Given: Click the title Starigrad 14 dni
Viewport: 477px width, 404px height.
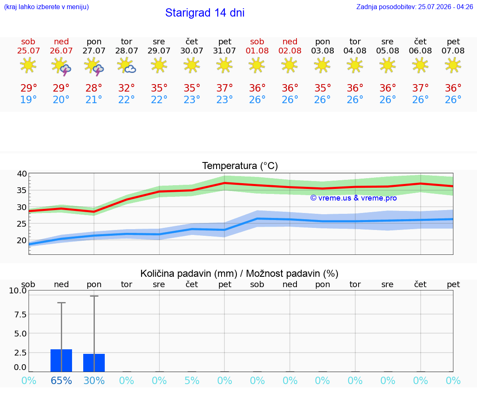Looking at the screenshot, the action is click(205, 13).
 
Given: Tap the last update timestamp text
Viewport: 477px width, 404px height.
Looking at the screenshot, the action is click(414, 7).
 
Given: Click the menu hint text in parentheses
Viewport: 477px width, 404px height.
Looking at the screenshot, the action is click(46, 7).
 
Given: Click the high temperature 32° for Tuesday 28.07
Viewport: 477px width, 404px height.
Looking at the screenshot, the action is click(126, 88).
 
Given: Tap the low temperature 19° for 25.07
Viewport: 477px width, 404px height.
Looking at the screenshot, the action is click(28, 99).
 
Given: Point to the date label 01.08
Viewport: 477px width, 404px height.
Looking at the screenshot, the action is click(257, 51).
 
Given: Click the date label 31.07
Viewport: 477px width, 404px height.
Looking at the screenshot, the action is click(224, 51).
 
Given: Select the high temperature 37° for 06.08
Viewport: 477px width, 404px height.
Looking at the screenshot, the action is click(420, 88).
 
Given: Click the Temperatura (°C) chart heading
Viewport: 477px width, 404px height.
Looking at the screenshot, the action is click(240, 166).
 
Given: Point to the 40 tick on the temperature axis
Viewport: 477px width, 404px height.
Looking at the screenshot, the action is click(22, 174).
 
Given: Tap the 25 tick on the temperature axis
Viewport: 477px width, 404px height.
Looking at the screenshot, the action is click(22, 224).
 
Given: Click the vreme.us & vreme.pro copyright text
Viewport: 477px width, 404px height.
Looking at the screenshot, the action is click(354, 198).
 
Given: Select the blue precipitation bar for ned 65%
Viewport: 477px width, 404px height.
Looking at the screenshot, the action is click(61, 360).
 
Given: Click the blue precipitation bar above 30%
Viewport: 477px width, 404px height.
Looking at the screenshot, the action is click(94, 363).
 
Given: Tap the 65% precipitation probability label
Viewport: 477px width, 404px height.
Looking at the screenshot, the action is click(61, 380).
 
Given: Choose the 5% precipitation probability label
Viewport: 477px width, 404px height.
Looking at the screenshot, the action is click(192, 380).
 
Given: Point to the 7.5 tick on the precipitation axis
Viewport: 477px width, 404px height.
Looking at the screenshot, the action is click(20, 314).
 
